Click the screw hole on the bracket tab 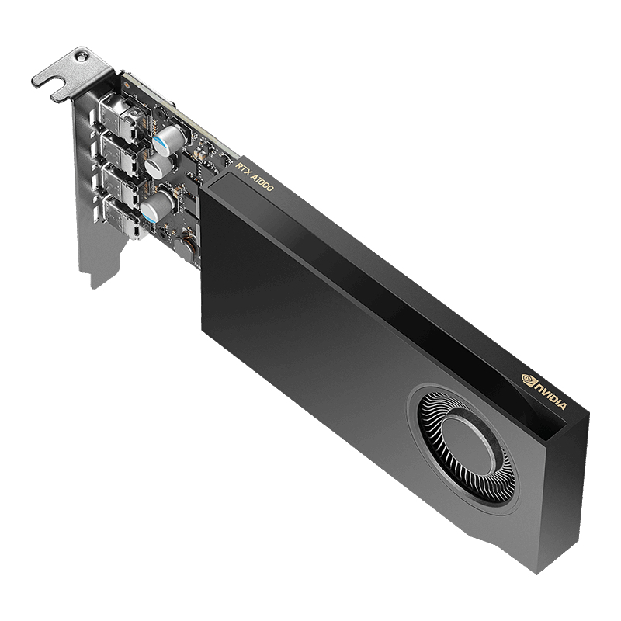tap(80, 56)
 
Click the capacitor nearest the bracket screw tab tap(169, 139)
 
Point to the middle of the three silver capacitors tap(157, 165)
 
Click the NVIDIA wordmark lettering tap(553, 396)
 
